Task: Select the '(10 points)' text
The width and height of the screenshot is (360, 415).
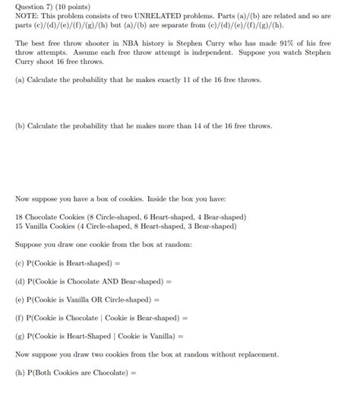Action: click(73, 6)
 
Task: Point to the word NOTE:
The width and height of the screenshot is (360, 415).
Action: click(28, 16)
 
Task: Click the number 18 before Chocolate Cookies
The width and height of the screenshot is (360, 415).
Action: click(20, 217)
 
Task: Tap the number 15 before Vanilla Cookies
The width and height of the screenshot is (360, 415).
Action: click(20, 226)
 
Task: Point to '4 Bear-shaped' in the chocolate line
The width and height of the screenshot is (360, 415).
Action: click(220, 217)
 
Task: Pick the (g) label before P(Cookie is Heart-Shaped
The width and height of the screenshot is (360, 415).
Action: click(20, 336)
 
